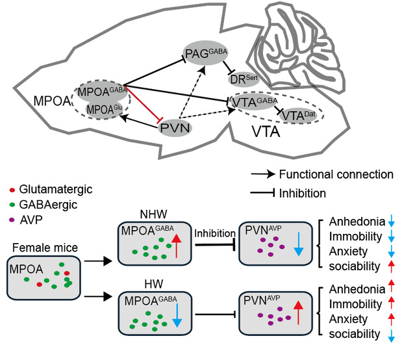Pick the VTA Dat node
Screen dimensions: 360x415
[303, 116]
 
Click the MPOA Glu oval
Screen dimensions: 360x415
[103, 109]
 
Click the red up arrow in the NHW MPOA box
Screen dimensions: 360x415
[177, 242]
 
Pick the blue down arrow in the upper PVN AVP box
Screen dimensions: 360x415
[297, 242]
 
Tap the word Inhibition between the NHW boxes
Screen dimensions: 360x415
[215, 232]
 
